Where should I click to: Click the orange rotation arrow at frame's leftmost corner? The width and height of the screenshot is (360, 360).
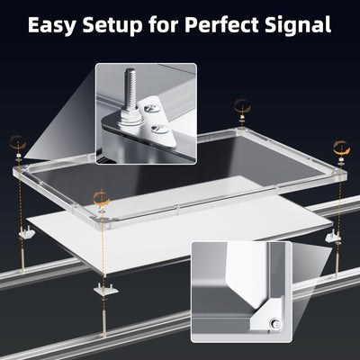17,141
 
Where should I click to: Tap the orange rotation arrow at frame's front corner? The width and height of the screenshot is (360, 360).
102,194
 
